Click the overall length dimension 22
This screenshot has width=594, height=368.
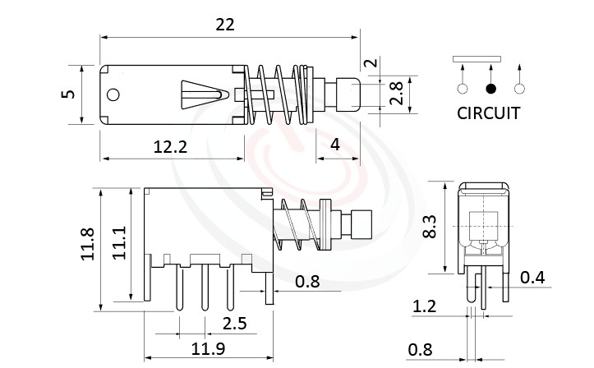click(225, 24)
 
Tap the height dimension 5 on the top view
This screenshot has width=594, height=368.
click(69, 94)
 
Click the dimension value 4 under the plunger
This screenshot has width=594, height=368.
click(334, 145)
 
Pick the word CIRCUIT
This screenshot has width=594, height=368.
click(488, 113)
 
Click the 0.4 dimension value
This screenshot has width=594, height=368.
click(532, 278)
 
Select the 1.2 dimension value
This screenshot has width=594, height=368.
click(424, 308)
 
